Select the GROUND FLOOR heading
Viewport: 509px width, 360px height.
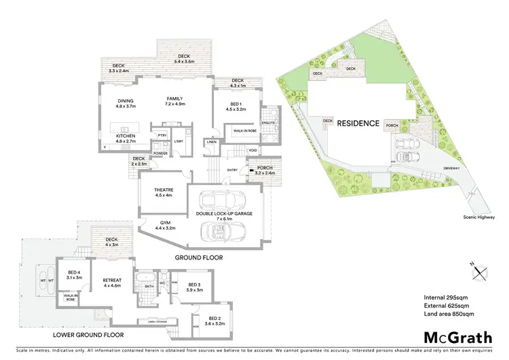click(199, 257)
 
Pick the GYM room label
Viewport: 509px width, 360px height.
click(165, 224)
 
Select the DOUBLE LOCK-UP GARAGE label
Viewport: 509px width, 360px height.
click(223, 213)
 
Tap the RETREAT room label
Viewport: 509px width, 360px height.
click(111, 279)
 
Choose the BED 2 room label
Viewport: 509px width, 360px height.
click(214, 319)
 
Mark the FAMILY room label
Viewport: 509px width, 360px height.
click(175, 98)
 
